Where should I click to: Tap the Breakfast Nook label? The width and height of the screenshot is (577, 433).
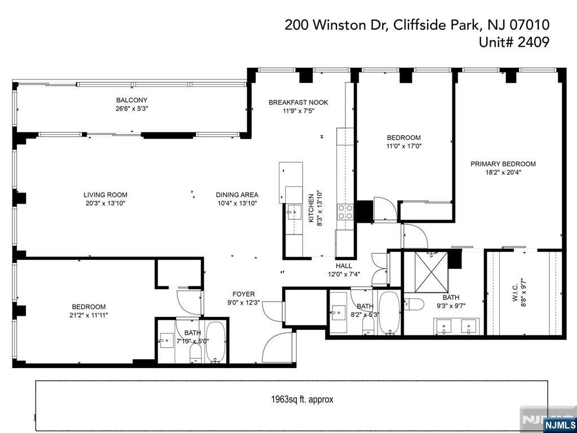[298, 103]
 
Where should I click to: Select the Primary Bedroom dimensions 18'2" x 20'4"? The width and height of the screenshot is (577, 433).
[503, 172]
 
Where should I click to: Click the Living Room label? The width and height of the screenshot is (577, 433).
[105, 195]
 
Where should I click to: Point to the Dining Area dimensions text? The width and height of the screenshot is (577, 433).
[237, 203]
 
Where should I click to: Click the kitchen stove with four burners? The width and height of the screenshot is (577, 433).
[345, 212]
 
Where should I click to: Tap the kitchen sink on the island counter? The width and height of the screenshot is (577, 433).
[294, 211]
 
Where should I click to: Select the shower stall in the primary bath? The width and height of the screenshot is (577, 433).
[431, 272]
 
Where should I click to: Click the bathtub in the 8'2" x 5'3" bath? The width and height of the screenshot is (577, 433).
[388, 313]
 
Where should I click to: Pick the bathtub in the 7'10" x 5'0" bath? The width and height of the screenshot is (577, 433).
[215, 342]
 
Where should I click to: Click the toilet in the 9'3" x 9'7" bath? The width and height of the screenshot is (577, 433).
[414, 304]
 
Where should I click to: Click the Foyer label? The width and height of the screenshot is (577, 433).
[243, 294]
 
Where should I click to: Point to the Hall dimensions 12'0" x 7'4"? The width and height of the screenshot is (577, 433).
[344, 274]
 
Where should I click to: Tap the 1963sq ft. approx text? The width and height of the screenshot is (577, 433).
[302, 399]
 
